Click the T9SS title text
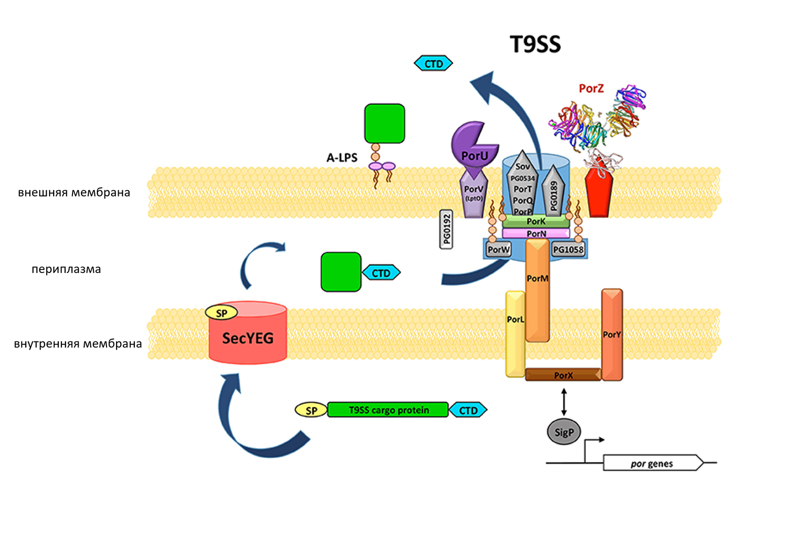point(535,44)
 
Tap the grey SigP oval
point(564,432)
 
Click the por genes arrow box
point(652,463)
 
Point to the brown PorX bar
point(563,375)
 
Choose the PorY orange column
point(612,334)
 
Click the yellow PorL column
point(515,335)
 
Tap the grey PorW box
point(498,249)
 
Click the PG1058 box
point(568,249)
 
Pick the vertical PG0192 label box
point(446,229)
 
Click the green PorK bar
point(536,221)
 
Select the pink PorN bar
point(536,233)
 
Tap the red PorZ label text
point(591,88)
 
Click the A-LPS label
point(342,157)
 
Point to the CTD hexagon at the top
point(434,63)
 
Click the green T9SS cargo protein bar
point(388,409)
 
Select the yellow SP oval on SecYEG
point(222,313)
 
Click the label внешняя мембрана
point(74,192)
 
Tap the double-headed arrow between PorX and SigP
point(564,402)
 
